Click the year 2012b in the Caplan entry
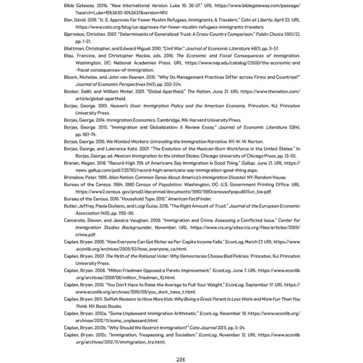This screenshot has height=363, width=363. click(99, 327)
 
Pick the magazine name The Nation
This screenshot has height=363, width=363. click(199, 91)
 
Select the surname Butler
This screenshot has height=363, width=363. click(70, 206)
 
